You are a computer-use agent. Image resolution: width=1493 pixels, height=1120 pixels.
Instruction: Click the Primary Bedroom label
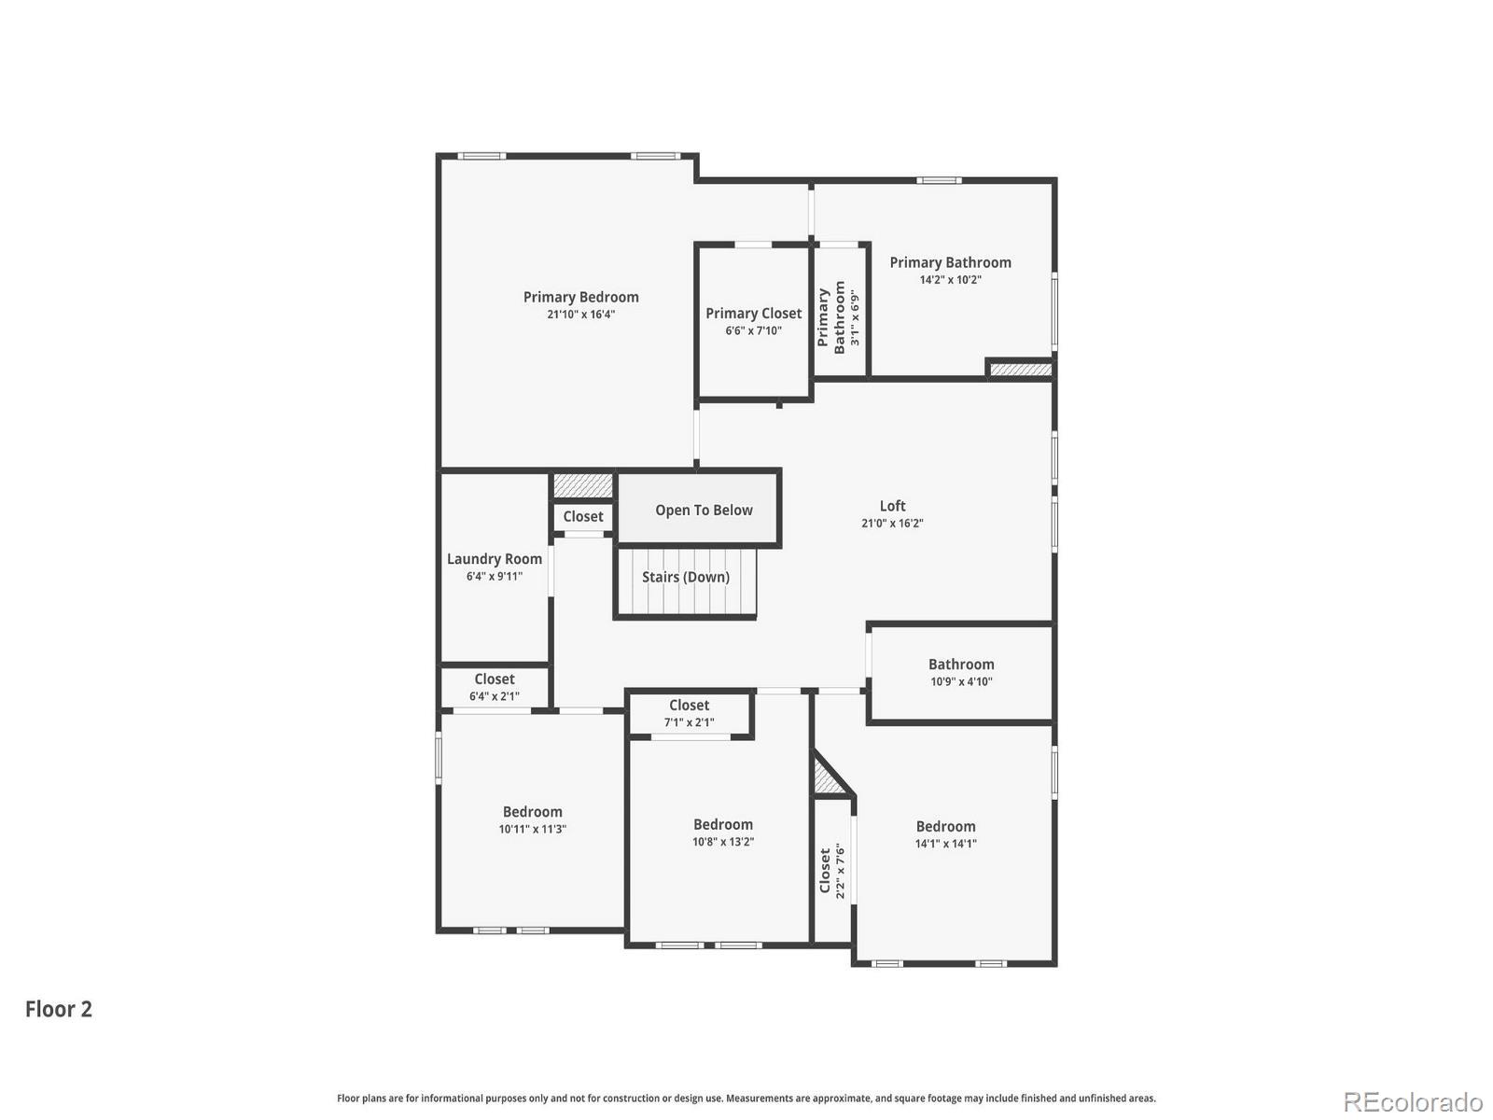[x=580, y=298]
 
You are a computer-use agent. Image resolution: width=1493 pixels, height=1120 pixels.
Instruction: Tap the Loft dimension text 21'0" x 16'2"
[x=892, y=524]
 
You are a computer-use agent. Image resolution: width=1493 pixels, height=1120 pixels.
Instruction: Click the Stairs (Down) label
[x=686, y=577]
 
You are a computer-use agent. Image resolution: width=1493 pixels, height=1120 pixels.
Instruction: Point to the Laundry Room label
[x=494, y=559]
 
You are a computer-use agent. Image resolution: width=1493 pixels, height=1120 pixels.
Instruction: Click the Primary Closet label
[x=753, y=314]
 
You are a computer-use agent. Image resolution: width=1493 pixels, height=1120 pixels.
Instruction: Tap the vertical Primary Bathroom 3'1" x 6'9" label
[x=839, y=317]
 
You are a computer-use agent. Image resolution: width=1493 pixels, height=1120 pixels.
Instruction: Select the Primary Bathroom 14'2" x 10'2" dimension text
[x=950, y=280]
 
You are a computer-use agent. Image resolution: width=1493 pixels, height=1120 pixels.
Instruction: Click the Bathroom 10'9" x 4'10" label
[x=961, y=672]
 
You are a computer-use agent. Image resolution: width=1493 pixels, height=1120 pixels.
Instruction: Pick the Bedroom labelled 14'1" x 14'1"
[x=945, y=833]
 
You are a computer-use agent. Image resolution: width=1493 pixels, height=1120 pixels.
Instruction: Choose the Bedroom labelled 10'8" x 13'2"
[x=722, y=832]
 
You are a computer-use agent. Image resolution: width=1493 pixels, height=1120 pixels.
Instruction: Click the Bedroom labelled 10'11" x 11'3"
[x=532, y=819]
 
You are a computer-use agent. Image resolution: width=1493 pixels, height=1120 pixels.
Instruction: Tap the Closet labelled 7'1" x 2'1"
[x=689, y=713]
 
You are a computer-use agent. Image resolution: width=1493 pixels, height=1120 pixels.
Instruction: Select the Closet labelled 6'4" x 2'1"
[x=494, y=687]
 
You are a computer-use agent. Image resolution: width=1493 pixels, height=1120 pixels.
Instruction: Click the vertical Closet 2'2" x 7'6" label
[x=832, y=871]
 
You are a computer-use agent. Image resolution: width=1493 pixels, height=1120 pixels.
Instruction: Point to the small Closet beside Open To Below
[x=582, y=516]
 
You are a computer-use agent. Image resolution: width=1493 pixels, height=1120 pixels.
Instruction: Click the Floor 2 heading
[x=59, y=1009]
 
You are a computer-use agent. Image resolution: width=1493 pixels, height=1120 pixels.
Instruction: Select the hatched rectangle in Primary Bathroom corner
[x=1020, y=370]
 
